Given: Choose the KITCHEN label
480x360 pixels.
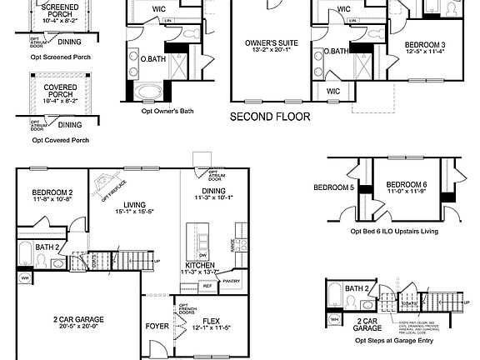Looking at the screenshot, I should [x=200, y=264].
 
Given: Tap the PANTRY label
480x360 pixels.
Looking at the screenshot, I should [x=231, y=281].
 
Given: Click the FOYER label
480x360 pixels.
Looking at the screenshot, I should [x=157, y=327].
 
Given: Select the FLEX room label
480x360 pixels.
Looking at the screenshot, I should [x=211, y=319].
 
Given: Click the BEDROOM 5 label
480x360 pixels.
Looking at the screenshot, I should [x=332, y=187].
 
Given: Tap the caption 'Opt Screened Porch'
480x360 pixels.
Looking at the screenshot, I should [x=60, y=58].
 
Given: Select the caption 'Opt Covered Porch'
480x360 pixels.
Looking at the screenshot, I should [x=60, y=140].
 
